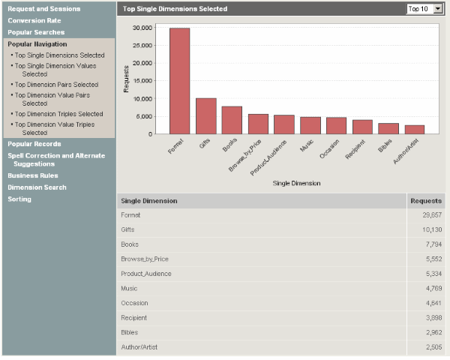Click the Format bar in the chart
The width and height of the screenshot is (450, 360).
(179, 81)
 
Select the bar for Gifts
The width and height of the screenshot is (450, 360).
(205, 116)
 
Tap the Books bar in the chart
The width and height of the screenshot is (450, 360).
(232, 120)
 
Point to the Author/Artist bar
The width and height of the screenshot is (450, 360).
(415, 130)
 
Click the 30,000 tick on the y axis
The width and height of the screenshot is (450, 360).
(142, 28)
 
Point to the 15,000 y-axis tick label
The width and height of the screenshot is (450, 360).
(142, 81)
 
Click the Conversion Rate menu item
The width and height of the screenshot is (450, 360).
(34, 20)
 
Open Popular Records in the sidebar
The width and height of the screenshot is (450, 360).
(34, 143)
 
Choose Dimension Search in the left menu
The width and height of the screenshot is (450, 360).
(37, 187)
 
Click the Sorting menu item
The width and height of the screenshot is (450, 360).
(19, 199)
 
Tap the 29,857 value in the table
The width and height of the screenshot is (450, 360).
(431, 215)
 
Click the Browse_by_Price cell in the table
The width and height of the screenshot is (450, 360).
(145, 259)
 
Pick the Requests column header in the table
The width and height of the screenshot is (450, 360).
(426, 201)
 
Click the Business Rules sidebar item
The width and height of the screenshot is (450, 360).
(34, 175)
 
